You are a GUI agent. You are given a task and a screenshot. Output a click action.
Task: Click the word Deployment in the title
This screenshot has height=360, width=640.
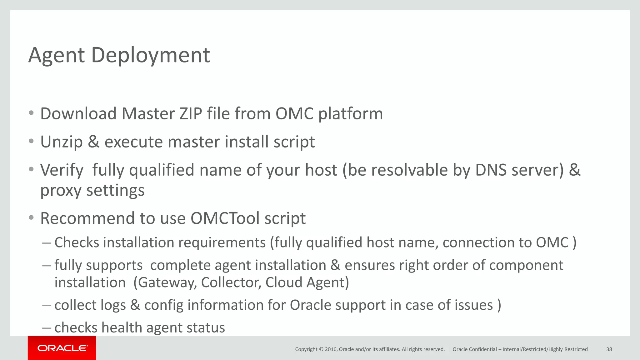[150, 56]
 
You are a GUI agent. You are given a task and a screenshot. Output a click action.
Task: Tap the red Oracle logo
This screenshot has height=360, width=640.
[62, 348]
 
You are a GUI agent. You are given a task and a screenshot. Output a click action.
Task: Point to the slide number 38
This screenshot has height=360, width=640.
[609, 349]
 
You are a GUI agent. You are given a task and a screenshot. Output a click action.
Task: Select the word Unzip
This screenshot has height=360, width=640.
[62, 142]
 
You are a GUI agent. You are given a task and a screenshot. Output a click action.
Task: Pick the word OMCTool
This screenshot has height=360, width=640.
[225, 218]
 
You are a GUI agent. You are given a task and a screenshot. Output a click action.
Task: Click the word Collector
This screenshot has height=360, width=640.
[231, 282]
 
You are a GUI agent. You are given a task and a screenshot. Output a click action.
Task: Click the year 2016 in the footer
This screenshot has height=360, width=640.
[331, 349]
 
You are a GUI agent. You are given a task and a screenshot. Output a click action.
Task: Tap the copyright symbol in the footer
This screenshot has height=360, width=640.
[321, 349]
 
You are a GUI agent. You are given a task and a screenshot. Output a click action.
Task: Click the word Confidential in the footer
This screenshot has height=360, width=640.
[483, 349]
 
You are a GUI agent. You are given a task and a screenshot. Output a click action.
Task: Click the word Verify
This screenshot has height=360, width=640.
[62, 170]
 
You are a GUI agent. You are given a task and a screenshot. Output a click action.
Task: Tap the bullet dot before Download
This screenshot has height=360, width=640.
[31, 113]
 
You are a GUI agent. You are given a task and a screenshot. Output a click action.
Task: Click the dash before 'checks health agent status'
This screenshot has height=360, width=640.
[47, 328]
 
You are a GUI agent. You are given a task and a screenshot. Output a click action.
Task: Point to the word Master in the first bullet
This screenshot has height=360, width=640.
[148, 113]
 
